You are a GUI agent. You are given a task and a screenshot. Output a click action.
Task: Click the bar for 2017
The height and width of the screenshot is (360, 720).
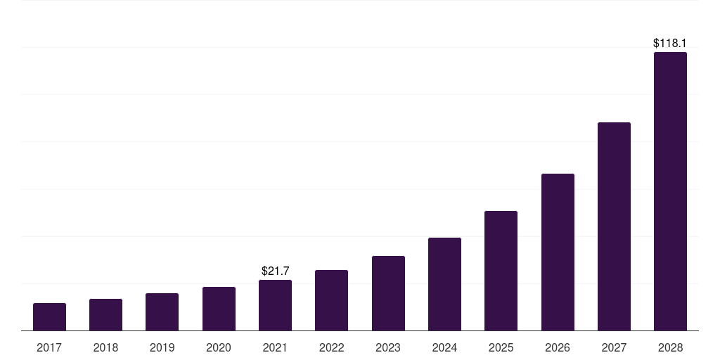(49, 316)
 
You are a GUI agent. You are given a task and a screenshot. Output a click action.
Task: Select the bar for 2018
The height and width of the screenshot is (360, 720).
(105, 314)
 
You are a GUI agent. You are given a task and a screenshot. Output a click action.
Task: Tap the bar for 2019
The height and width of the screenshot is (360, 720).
(162, 311)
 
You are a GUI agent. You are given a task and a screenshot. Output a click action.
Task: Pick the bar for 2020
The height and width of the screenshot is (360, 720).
(219, 309)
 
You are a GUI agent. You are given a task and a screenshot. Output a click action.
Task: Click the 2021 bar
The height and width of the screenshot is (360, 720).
(275, 305)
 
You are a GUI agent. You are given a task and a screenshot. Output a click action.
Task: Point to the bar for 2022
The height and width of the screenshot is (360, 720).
(331, 300)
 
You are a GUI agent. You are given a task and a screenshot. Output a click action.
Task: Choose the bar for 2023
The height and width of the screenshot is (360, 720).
(388, 293)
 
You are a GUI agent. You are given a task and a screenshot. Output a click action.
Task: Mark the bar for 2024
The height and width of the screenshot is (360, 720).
(444, 284)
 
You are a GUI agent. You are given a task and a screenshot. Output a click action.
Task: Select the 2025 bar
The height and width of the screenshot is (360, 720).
(501, 271)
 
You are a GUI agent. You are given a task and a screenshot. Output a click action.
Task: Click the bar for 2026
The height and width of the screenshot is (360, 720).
(558, 252)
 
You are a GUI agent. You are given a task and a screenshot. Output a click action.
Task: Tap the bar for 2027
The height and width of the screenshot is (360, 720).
(614, 226)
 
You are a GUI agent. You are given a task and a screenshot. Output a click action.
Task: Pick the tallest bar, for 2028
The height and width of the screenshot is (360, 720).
(670, 191)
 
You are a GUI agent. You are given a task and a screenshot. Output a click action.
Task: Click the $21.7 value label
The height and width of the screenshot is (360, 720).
(275, 271)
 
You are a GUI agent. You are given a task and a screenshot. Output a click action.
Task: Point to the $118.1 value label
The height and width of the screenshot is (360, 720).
(670, 44)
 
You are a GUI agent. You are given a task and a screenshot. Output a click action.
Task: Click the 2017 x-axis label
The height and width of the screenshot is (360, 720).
(49, 347)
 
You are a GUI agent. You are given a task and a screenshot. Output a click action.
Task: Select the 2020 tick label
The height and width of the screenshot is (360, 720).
(219, 347)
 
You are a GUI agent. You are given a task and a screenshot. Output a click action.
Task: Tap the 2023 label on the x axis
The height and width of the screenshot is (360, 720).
(388, 347)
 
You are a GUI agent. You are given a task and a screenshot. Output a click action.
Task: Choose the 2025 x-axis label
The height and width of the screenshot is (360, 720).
(501, 347)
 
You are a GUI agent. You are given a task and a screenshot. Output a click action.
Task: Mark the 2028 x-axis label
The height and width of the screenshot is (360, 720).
(670, 347)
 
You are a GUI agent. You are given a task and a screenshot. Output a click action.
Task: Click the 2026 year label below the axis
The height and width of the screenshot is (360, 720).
(558, 347)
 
